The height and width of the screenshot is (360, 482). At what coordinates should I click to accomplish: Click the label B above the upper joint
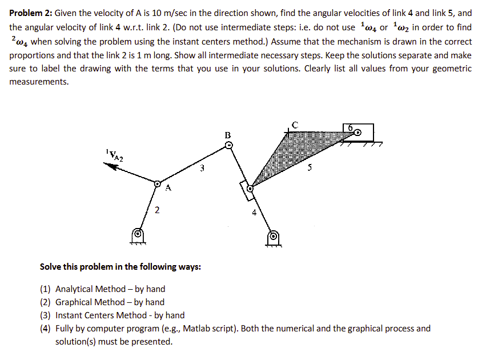point(228,135)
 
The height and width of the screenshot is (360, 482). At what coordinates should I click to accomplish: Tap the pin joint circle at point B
point(228,146)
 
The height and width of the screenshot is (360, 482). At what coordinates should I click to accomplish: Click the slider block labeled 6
point(358,132)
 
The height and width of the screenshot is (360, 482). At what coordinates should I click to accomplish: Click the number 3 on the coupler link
point(201,169)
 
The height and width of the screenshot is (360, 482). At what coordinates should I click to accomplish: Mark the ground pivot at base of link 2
point(137,234)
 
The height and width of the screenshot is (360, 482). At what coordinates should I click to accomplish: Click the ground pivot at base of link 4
point(274,236)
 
